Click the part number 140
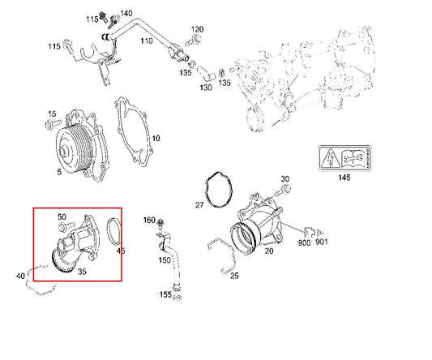(x=126, y=14)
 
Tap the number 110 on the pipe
(x=146, y=40)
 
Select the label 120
(x=198, y=30)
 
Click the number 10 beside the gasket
(x=156, y=139)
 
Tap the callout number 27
(x=199, y=205)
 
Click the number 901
(x=322, y=242)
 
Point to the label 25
(x=234, y=276)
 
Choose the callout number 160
(x=149, y=220)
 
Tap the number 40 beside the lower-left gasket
(x=20, y=276)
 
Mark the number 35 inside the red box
(x=81, y=272)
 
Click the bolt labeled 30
(x=280, y=191)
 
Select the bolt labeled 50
(x=71, y=227)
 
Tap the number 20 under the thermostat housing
(x=268, y=251)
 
